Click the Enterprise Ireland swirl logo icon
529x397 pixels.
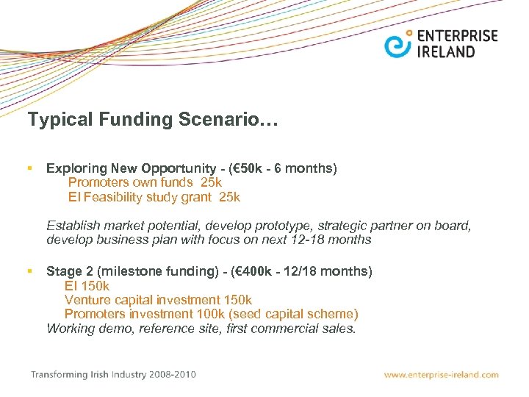click(399, 44)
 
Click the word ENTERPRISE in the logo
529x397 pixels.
click(457, 36)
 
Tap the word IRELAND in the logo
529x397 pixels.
click(446, 51)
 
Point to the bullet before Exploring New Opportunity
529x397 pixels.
click(30, 169)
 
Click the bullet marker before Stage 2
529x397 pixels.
click(30, 271)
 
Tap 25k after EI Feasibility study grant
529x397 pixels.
click(229, 197)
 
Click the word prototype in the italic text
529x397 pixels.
click(285, 226)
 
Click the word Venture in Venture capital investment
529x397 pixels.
click(86, 300)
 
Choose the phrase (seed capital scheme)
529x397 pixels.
click(297, 314)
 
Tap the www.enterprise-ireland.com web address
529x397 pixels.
click(441, 375)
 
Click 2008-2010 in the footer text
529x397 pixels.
click(172, 375)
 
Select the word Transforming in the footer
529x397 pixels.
click(57, 375)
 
